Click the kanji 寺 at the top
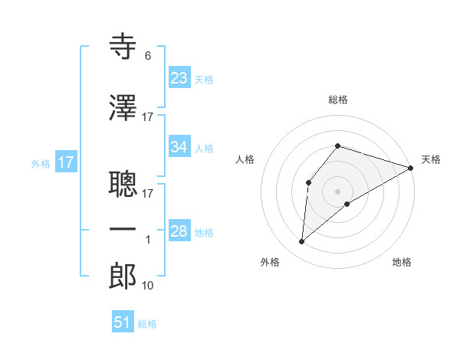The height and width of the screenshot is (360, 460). (123, 47)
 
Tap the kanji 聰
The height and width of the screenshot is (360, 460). (123, 182)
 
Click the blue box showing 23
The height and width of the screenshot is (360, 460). (179, 77)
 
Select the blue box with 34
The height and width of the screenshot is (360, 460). (179, 147)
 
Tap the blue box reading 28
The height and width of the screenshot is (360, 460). (179, 231)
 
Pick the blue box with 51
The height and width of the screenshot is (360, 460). (123, 322)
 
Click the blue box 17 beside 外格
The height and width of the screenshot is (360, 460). (65, 162)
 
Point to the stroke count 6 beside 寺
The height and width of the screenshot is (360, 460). (147, 56)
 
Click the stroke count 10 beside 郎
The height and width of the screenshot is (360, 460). (148, 286)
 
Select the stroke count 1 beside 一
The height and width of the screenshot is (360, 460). (148, 240)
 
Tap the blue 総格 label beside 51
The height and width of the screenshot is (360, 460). (147, 324)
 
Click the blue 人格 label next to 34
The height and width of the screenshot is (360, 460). (204, 149)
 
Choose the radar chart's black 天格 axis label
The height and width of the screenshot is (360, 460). (431, 159)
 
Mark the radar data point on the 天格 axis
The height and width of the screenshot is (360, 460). (412, 169)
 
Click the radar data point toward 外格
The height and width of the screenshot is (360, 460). (302, 242)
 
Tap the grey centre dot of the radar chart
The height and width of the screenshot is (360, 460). (337, 191)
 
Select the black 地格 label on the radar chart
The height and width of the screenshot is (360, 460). (402, 263)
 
